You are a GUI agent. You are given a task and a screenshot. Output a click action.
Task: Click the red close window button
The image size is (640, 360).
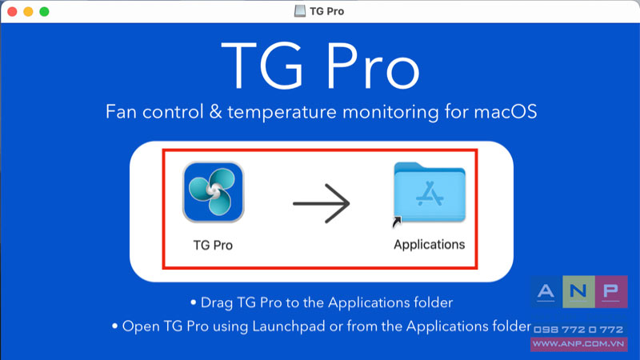point(12,12)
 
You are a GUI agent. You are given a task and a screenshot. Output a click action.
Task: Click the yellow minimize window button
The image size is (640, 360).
point(28,12)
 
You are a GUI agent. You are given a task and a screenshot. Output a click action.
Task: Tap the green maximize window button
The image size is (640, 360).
point(44,12)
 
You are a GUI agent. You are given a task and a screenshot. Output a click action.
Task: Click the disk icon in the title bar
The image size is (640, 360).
point(299,11)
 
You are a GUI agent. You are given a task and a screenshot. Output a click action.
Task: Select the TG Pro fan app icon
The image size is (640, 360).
point(213,192)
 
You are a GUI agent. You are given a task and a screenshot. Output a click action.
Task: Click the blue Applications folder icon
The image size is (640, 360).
point(430,192)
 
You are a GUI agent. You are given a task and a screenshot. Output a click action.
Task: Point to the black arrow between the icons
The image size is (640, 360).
point(322,203)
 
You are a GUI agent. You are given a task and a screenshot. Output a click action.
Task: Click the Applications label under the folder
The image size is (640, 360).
point(430,245)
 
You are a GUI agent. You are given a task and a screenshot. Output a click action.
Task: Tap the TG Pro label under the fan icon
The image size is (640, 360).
point(213,245)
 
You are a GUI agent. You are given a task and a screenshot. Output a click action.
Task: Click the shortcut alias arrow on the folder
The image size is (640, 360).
point(397,222)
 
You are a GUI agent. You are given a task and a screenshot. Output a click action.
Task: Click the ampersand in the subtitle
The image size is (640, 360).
point(215,111)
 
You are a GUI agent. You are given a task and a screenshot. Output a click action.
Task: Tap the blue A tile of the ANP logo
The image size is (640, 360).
point(546,291)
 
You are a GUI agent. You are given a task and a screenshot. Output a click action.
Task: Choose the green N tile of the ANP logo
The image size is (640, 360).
point(578,291)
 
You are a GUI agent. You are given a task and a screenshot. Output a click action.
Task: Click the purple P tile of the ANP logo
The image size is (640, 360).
point(611,291)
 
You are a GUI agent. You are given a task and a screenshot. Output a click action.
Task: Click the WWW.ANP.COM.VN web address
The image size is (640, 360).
point(578,344)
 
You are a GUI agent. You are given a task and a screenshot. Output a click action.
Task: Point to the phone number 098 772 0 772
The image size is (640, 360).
point(578,330)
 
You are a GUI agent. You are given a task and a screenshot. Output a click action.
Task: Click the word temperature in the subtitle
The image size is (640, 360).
point(282,112)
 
